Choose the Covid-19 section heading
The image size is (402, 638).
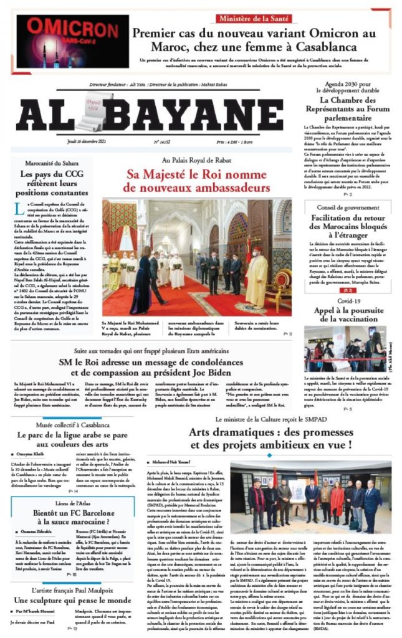(350, 300)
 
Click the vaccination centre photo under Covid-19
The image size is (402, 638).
(345, 348)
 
